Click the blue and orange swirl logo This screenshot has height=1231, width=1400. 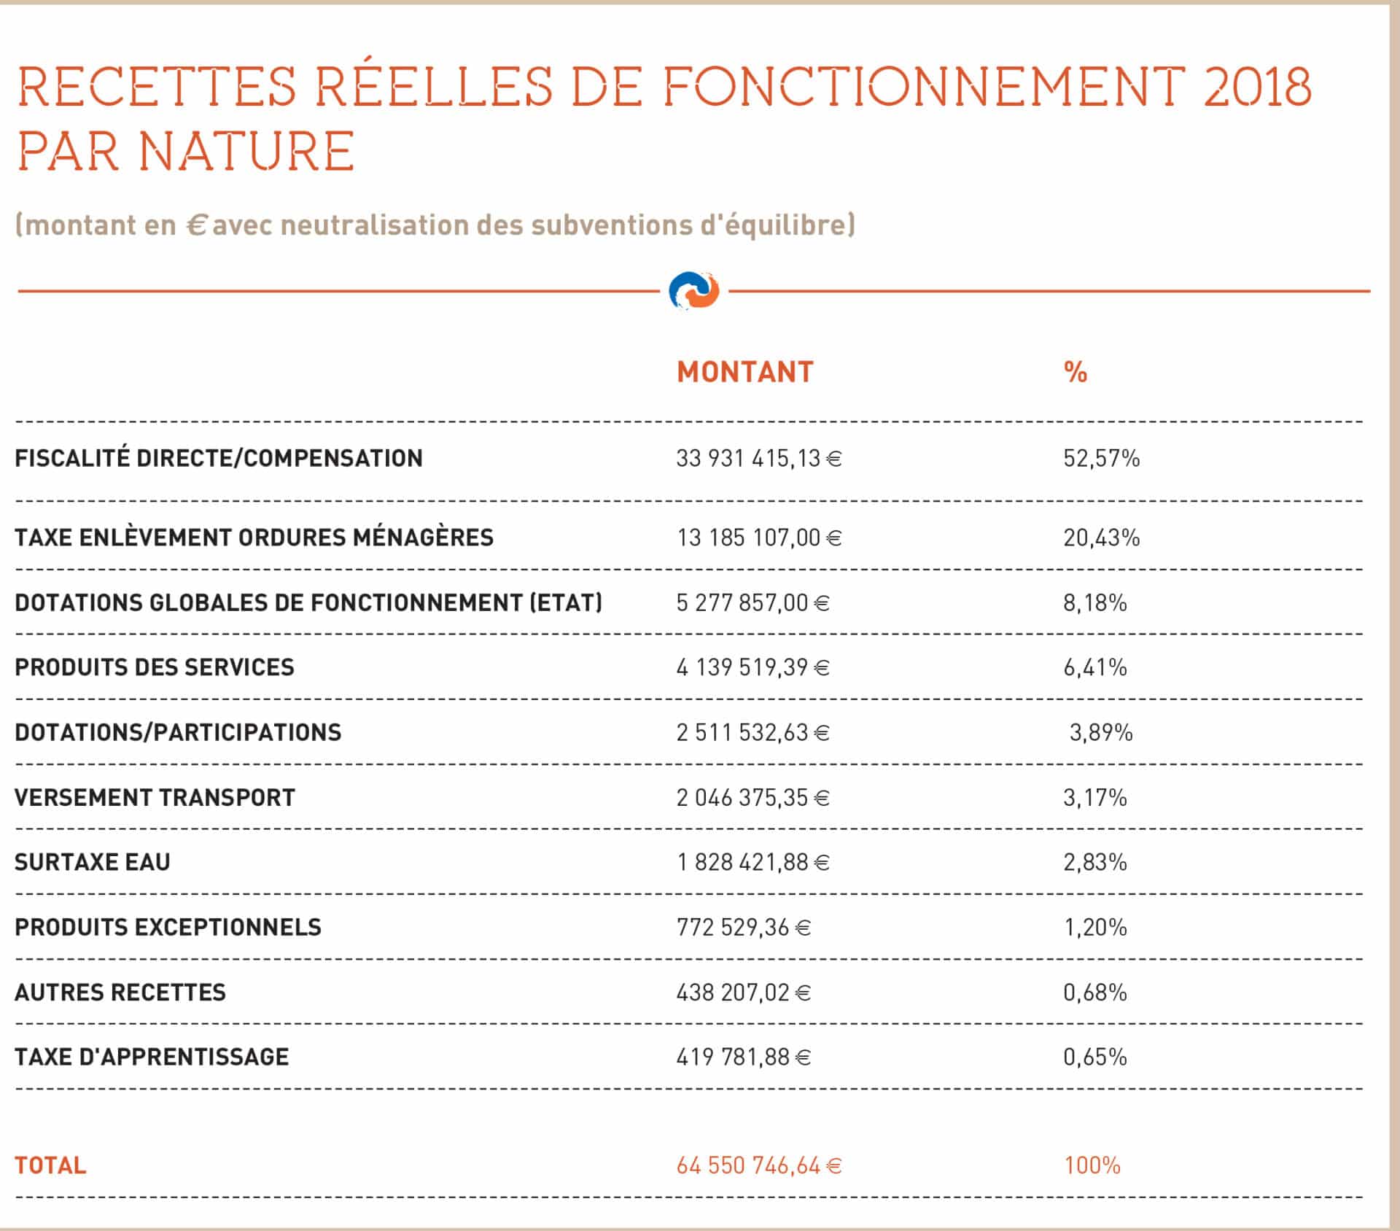693,291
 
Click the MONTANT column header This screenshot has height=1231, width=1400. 744,372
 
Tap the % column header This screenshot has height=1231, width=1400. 1076,372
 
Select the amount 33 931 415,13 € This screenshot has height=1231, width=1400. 759,458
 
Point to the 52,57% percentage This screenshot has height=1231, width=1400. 1101,458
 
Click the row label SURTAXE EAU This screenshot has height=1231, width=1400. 92,862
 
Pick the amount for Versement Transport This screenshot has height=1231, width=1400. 753,797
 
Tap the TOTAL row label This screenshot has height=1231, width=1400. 50,1165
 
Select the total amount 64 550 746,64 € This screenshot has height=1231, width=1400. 759,1165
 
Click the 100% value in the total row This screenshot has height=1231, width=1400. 1092,1165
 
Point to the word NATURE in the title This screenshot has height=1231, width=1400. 246,151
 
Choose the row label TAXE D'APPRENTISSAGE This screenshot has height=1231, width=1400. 152,1057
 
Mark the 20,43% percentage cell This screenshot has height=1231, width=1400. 1101,537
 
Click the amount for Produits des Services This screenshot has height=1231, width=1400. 753,667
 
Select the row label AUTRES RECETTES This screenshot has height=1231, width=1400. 120,992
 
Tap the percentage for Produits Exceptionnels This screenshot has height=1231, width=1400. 1095,927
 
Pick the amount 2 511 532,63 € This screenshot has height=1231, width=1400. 753,732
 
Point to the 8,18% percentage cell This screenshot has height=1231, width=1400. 1095,602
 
